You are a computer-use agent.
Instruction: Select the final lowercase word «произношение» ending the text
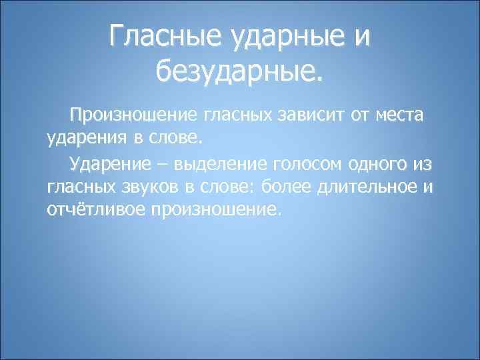(217, 211)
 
